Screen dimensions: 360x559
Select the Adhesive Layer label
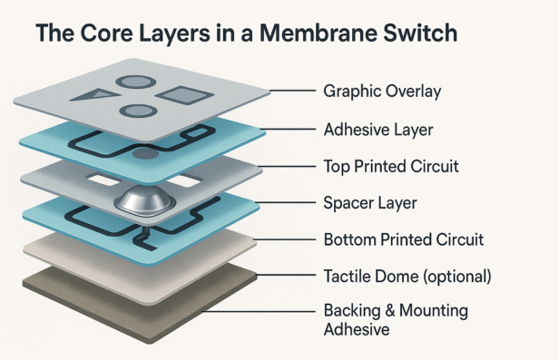[x=378, y=130]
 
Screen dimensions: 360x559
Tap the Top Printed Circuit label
[x=390, y=167]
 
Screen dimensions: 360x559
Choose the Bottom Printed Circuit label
[x=404, y=240]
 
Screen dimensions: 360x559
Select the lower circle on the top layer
[x=136, y=111]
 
